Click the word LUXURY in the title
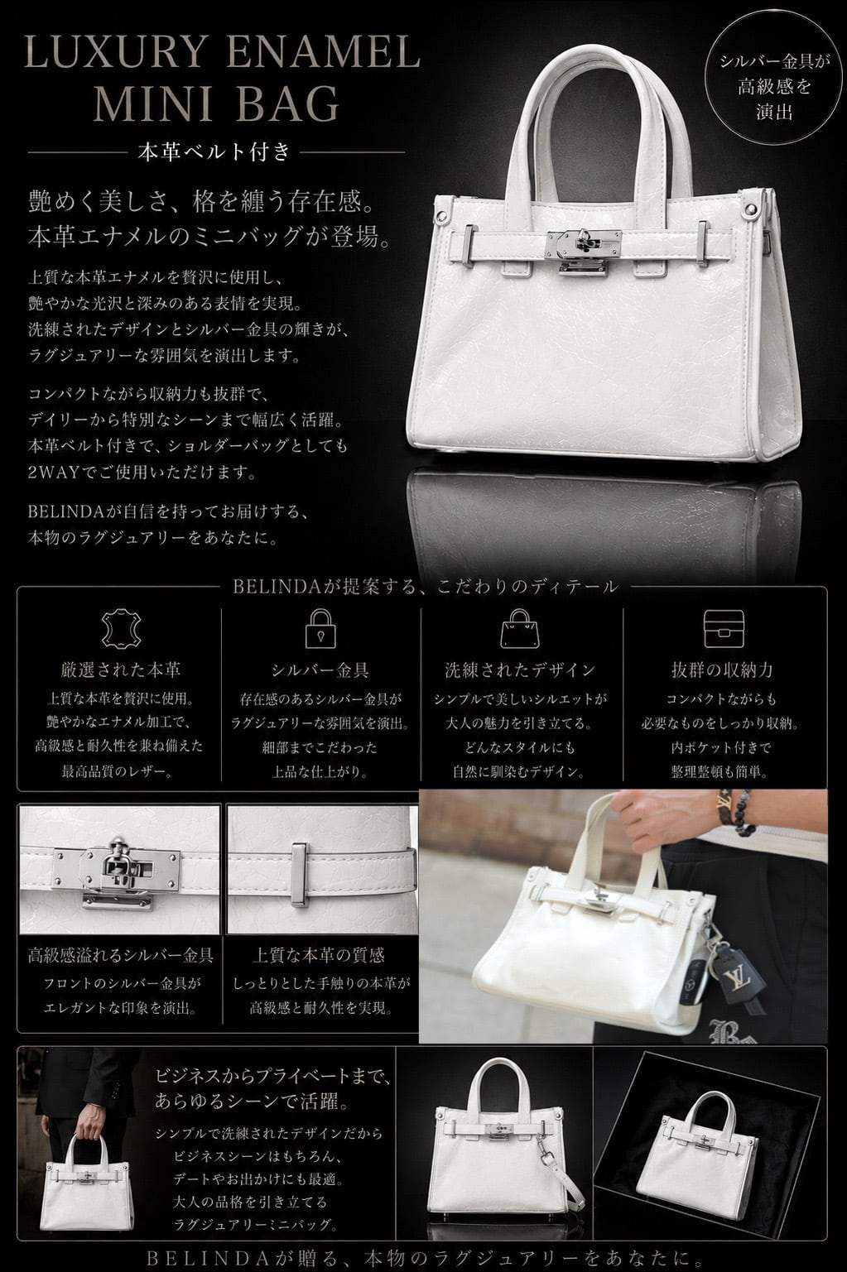point(113,53)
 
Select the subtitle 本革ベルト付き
point(214,151)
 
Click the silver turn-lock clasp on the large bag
point(583,252)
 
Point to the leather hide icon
point(121,629)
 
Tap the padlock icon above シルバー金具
point(320,629)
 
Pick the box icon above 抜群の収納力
point(724,629)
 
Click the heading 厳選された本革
point(120,670)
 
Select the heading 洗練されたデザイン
point(520,670)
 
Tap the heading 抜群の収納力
point(723,670)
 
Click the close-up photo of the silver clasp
point(119,870)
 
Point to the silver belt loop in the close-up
point(300,875)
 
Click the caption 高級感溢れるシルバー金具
point(120,956)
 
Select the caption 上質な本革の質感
point(319,956)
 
